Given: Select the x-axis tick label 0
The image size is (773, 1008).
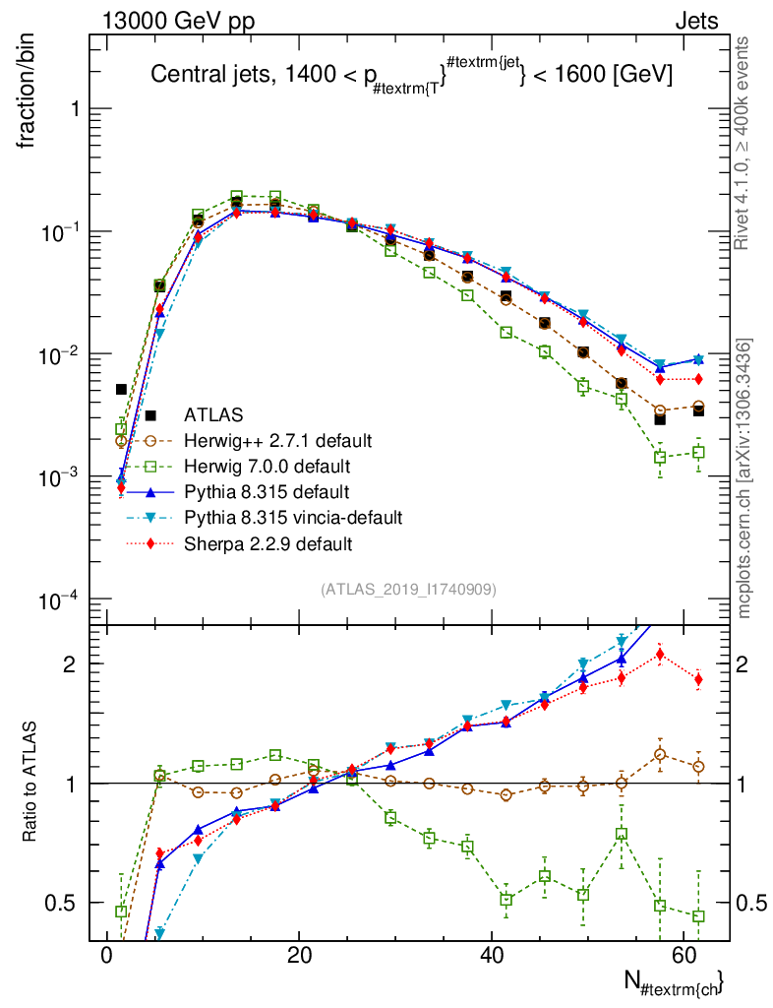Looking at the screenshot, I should coord(107,958).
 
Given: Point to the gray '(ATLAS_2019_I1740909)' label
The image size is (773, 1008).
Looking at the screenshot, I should coord(407,590).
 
